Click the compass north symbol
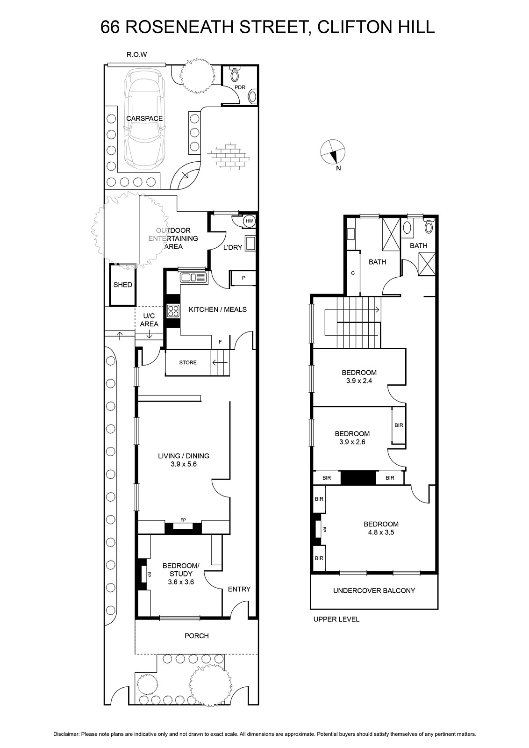(x=334, y=152)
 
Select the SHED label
(x=123, y=285)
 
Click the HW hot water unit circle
(x=249, y=221)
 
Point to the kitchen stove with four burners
(x=173, y=311)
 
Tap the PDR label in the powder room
(x=240, y=87)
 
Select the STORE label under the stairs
(x=188, y=362)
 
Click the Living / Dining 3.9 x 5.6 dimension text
(x=190, y=464)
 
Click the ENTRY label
(x=239, y=589)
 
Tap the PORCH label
(x=196, y=636)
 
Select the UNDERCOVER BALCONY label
(x=374, y=590)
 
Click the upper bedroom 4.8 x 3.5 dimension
(x=381, y=532)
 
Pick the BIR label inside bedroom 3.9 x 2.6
(x=399, y=425)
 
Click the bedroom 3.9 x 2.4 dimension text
(x=359, y=381)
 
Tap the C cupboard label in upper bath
(x=353, y=273)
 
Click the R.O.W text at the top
(x=137, y=55)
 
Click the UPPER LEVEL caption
(x=336, y=619)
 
